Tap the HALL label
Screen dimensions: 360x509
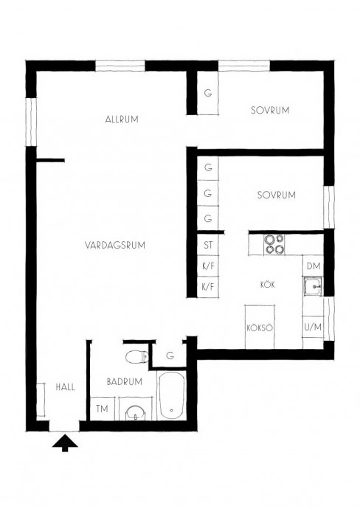click(65, 387)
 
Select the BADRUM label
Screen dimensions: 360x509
click(125, 381)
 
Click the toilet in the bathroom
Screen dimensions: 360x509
click(137, 357)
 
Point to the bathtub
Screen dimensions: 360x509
click(171, 395)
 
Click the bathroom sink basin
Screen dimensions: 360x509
click(135, 413)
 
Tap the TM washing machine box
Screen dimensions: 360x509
click(102, 409)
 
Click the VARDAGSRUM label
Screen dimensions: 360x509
click(115, 245)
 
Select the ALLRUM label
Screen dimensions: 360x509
click(122, 119)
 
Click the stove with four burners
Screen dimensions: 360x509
click(274, 244)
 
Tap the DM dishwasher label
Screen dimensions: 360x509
click(314, 266)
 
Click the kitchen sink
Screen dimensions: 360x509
click(313, 287)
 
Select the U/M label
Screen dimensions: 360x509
click(313, 327)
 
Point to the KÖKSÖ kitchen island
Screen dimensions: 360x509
click(260, 327)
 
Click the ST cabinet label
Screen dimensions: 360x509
click(208, 245)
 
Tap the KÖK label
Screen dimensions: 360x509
click(268, 285)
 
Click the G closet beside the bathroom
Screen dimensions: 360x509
click(170, 355)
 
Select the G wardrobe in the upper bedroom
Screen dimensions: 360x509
click(208, 93)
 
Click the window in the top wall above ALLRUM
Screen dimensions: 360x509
click(120, 66)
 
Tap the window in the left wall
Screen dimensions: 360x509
click(31, 122)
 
